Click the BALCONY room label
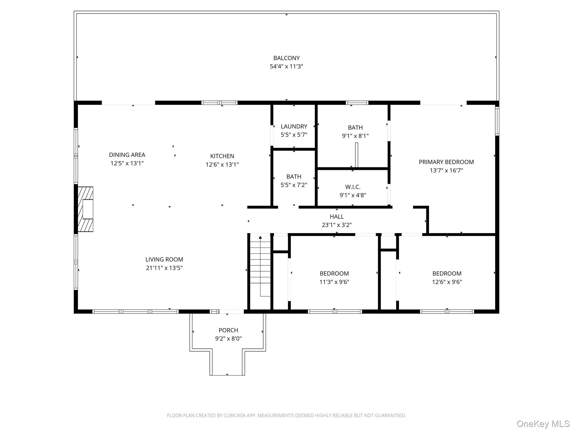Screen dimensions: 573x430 coord(286,58)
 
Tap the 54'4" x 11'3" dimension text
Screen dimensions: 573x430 coord(286,66)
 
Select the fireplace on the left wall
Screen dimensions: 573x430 coord(85,209)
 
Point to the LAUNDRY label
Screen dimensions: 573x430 coord(294,126)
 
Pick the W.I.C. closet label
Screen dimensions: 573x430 coord(353,187)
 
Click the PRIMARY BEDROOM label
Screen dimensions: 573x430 coord(446,162)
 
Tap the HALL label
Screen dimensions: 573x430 coord(337,216)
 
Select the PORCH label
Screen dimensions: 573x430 coord(228,330)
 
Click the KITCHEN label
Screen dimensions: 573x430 coord(222,156)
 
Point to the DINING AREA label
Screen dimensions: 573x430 coord(127,155)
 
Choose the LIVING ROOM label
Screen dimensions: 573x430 coord(164,259)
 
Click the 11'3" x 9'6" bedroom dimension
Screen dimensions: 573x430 coord(334,282)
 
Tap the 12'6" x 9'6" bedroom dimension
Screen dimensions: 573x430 coord(447,282)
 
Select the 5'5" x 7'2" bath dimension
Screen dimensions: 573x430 coord(294,185)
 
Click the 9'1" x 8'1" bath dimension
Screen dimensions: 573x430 coord(355,136)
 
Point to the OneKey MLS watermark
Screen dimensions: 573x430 coord(543,424)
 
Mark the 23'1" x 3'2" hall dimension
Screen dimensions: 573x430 coord(337,225)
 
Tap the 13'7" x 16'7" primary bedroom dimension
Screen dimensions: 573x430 coord(446,170)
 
